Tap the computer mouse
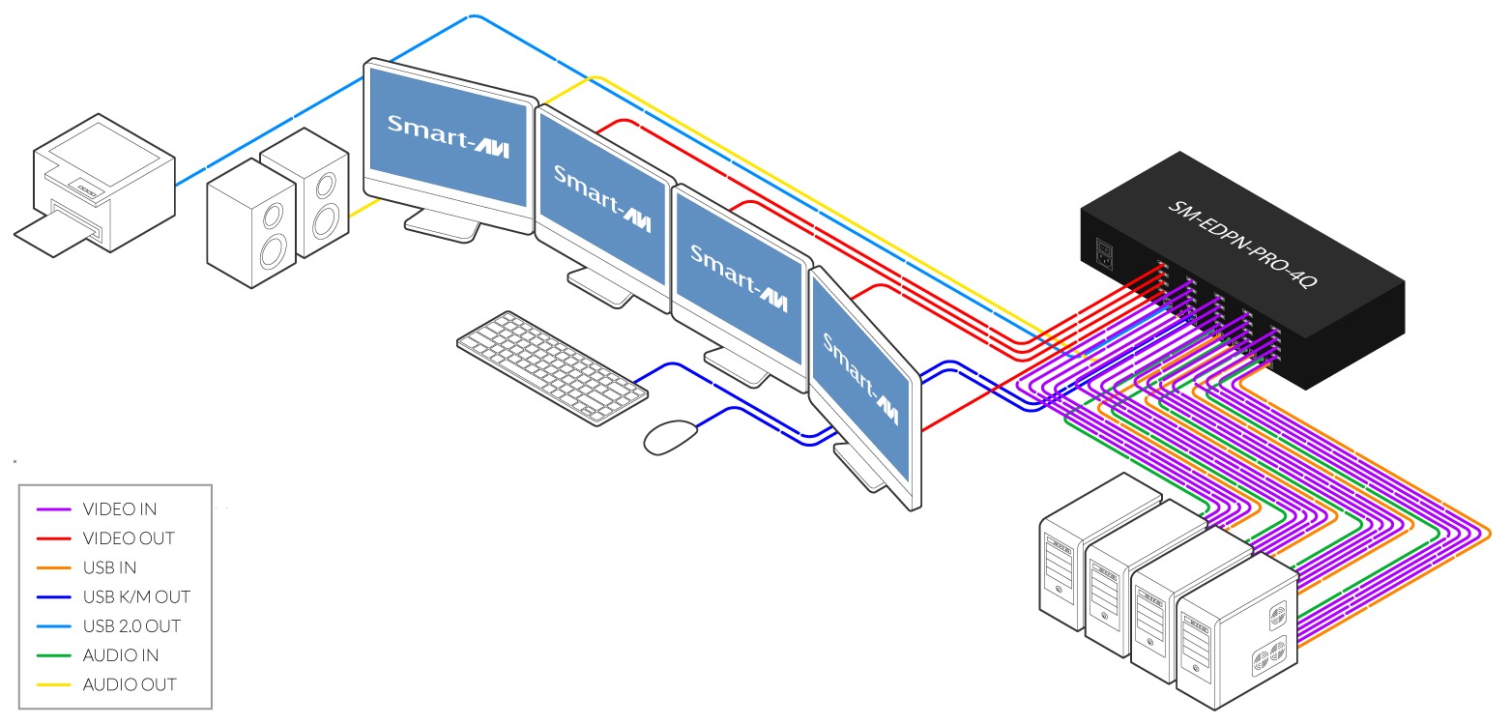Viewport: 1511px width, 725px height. (670, 436)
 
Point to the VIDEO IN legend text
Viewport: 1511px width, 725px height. (120, 508)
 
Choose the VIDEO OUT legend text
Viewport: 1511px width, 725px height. (129, 537)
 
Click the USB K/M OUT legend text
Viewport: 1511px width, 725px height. (136, 596)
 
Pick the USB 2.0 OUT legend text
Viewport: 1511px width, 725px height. (131, 625)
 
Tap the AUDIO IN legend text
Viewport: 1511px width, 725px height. (120, 655)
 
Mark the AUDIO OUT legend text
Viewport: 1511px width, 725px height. (130, 684)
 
